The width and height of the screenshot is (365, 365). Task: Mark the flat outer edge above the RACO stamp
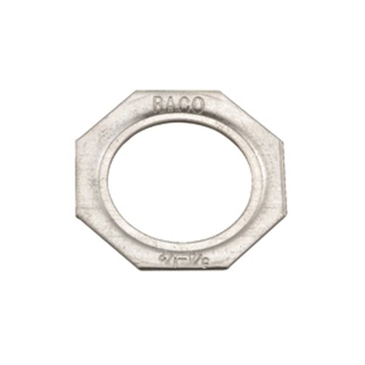pyautogui.click(x=177, y=92)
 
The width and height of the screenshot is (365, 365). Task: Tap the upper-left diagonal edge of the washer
pyautogui.click(x=105, y=116)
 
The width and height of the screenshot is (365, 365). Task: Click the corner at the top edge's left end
pyautogui.click(x=134, y=92)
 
